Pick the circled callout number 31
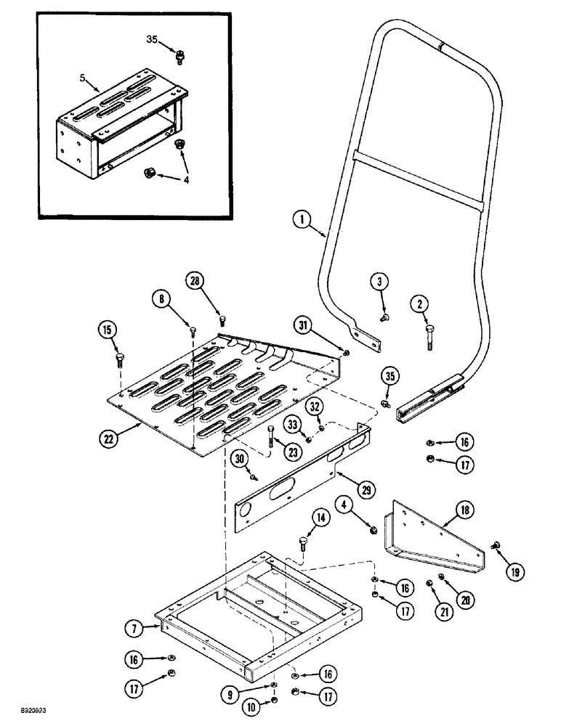(x=304, y=324)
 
